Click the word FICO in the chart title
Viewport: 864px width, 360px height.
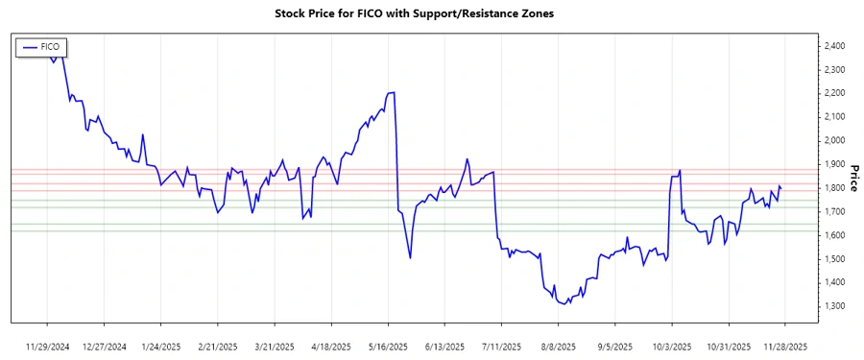click(381, 14)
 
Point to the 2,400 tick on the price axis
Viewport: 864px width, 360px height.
click(831, 46)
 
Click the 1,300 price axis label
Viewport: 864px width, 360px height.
click(831, 306)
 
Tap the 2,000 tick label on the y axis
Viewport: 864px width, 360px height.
click(831, 141)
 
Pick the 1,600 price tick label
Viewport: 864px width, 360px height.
click(831, 235)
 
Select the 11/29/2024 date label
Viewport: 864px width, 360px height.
click(48, 346)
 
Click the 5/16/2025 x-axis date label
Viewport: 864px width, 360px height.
click(388, 346)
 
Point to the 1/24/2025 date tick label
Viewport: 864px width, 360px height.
click(161, 346)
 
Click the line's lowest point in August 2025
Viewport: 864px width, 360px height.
click(564, 304)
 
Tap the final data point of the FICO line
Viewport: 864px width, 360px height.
click(780, 188)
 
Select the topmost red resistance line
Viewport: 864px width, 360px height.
click(432, 169)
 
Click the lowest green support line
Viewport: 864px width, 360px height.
click(432, 230)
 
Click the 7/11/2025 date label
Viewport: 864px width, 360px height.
click(501, 346)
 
